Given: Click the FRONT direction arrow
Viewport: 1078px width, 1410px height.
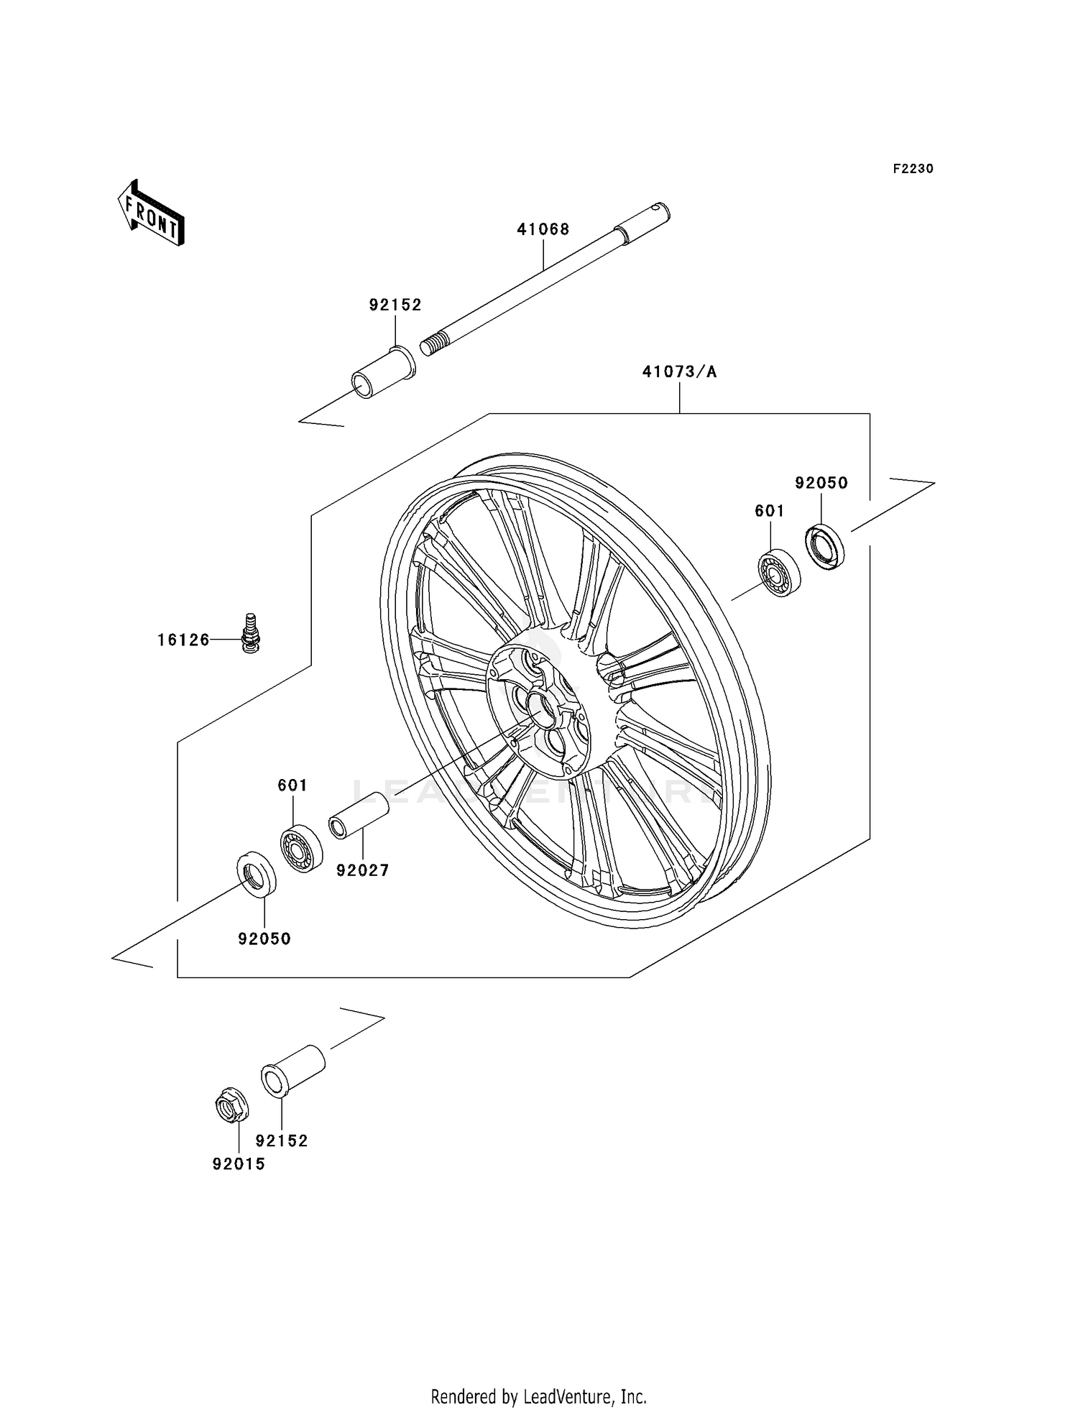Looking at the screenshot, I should [152, 213].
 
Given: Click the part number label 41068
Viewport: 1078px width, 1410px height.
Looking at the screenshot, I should [543, 229].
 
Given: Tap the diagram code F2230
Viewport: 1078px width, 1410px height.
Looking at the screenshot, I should [913, 169].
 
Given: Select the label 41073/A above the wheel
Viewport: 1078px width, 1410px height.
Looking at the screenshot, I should [679, 372].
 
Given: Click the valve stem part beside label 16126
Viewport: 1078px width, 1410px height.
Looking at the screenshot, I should [251, 632].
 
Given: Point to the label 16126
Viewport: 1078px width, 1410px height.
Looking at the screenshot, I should [183, 640].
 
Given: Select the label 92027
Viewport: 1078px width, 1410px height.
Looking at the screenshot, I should [362, 870].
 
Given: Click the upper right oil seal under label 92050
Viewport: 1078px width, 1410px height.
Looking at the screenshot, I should [824, 547].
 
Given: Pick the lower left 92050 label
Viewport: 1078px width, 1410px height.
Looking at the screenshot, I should [264, 939].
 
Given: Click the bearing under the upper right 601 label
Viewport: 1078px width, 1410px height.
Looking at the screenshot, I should [779, 573].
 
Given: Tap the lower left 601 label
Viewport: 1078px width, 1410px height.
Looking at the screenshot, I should [292, 785].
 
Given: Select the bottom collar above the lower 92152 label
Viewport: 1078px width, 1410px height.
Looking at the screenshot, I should [292, 1070].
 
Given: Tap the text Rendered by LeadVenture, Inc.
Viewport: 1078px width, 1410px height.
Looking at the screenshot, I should [538, 1396].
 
